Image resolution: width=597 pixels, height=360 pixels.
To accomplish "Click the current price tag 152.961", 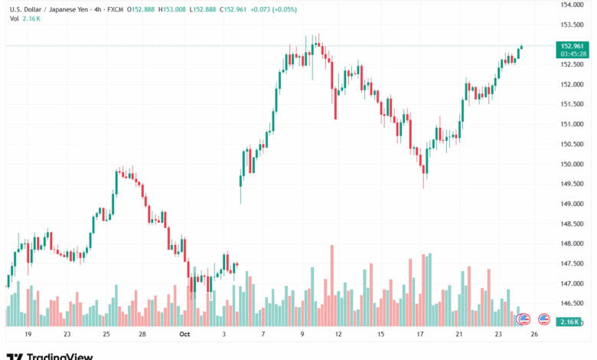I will coord(572,46).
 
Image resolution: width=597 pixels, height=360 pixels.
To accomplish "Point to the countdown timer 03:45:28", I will coord(573,54).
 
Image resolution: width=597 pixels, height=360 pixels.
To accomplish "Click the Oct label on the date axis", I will coord(184,335).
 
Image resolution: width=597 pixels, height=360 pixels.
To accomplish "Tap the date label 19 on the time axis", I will coord(28,335).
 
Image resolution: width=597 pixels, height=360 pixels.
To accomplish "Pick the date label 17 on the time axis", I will coord(419,335).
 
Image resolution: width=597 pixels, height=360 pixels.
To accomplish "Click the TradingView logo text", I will coord(60,356).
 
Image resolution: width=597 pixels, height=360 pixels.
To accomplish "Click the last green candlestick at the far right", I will coord(521,51).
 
